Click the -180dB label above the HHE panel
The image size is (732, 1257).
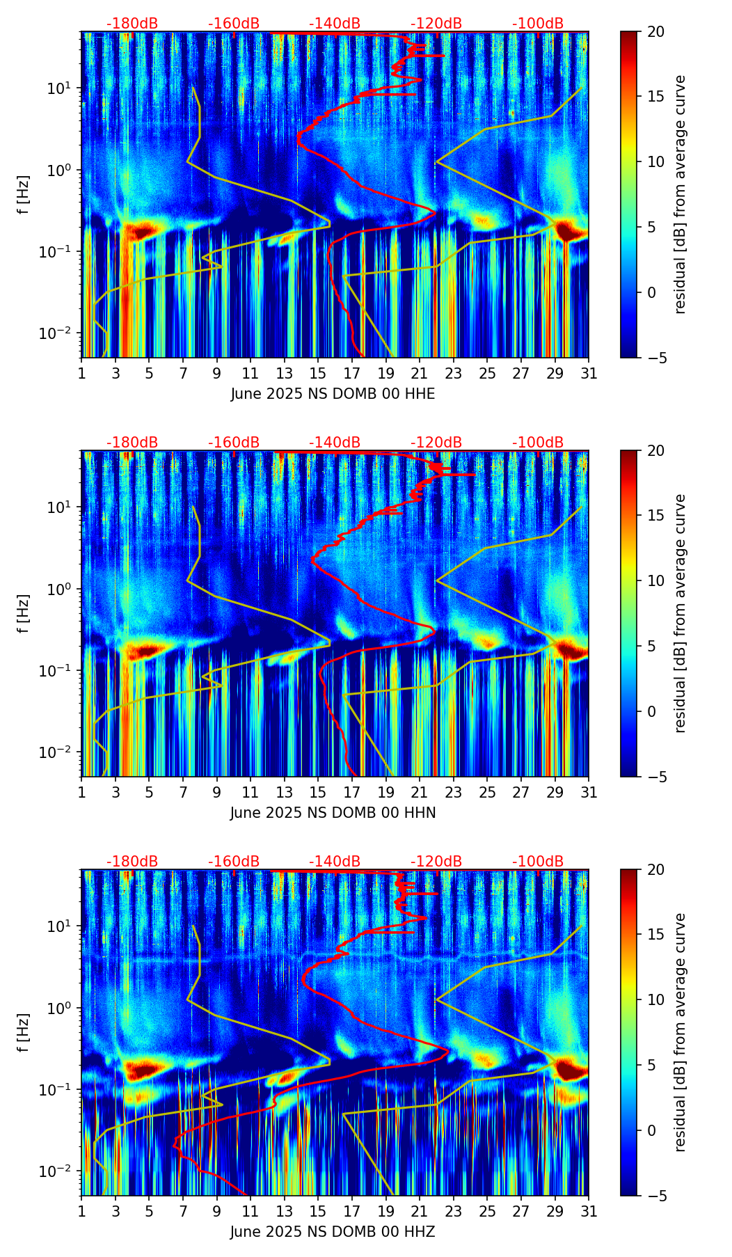(132, 24)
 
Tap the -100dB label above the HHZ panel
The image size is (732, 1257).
(538, 862)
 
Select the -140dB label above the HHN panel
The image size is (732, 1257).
(335, 443)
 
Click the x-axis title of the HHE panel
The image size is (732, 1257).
(333, 394)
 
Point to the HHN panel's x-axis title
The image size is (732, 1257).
(333, 813)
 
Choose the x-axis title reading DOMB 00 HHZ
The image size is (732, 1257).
(333, 1232)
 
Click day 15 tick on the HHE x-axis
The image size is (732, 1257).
(318, 373)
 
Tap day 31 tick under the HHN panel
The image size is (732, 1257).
(589, 792)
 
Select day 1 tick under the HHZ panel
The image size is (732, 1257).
(82, 1211)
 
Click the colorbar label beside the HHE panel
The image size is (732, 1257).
(681, 194)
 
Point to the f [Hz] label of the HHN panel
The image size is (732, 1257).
(23, 613)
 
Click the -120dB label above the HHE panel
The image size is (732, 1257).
(436, 24)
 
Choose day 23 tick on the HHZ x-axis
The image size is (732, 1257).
(454, 1211)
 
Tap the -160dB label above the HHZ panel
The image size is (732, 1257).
(234, 862)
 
